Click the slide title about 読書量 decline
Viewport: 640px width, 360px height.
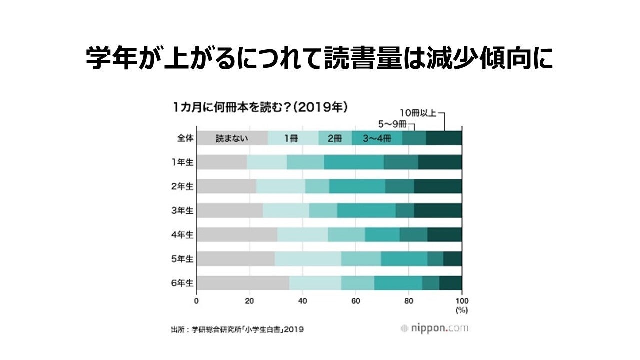(320, 58)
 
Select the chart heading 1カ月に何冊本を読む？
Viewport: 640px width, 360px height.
(260, 107)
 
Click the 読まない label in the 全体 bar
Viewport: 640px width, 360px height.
(232, 138)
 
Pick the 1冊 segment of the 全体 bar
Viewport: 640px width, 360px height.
(292, 138)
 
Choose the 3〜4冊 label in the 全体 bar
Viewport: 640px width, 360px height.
(376, 138)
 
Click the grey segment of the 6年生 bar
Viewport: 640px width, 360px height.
(243, 283)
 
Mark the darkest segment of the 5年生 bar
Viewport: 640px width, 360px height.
(452, 259)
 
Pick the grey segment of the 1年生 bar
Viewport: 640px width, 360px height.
(222, 162)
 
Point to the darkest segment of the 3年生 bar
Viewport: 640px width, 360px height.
(438, 211)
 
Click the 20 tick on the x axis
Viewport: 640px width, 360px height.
(249, 301)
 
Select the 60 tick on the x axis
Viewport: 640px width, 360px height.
(355, 301)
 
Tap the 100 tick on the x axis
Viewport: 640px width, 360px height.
(461, 301)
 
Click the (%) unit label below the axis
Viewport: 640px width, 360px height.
(461, 310)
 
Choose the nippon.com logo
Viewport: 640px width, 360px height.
(434, 328)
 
